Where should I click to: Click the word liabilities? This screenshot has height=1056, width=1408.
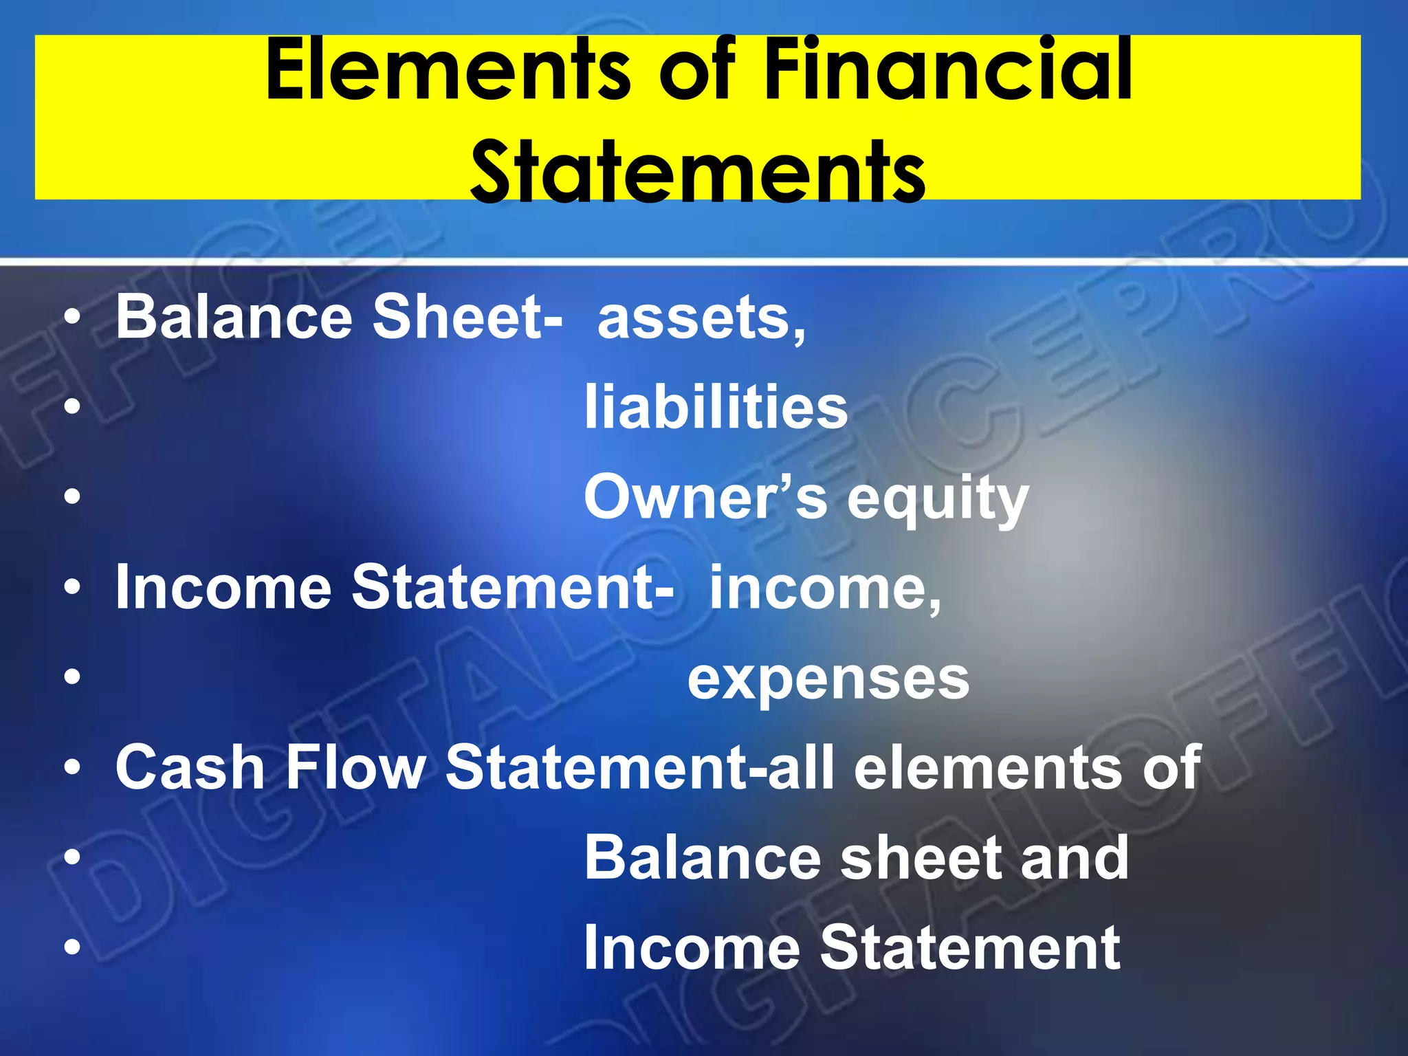716,408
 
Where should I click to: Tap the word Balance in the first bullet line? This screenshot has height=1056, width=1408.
234,318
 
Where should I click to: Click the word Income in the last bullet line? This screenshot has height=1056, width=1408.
692,948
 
